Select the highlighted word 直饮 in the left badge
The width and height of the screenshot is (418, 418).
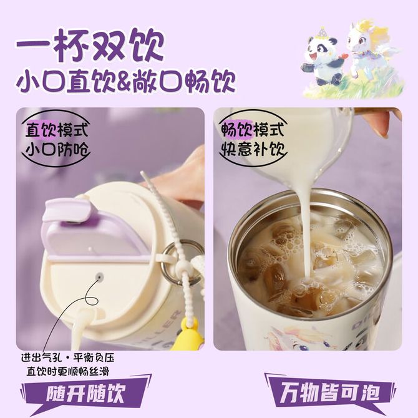tap(41, 130)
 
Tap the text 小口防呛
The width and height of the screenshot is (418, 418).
tap(57, 149)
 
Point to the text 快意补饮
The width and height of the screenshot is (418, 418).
tap(253, 149)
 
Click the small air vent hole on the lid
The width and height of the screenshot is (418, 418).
tap(99, 276)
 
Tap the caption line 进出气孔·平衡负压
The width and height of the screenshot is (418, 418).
tap(68, 357)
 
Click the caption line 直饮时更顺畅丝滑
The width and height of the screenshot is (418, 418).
tap(68, 372)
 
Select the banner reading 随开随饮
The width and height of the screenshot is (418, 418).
tap(86, 393)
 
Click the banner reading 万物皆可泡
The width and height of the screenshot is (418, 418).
tap(330, 392)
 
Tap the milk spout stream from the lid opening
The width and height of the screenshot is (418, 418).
tap(81, 328)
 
